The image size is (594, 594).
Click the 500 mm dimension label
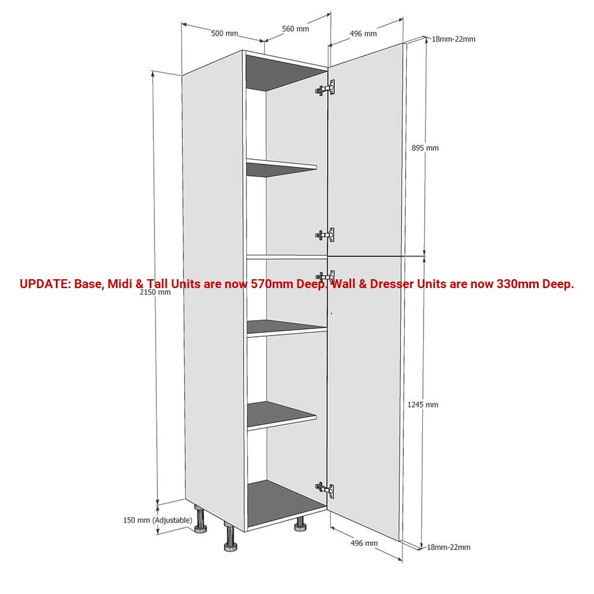click(225, 33)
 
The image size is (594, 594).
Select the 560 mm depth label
click(295, 29)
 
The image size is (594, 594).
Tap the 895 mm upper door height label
click(425, 148)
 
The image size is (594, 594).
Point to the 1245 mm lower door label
click(423, 405)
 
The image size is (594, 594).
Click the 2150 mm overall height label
click(155, 292)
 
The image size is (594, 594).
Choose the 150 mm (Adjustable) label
click(157, 520)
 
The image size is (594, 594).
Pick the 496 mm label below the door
click(364, 543)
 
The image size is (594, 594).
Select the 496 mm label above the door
click(363, 33)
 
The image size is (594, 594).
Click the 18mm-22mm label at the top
click(453, 39)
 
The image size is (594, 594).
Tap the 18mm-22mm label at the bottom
click(448, 547)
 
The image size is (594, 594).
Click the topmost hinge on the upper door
click(325, 89)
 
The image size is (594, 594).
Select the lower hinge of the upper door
click(325, 235)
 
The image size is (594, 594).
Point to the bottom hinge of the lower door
click(325, 490)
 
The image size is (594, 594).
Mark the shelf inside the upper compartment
click(282, 168)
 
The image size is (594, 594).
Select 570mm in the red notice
click(272, 283)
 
